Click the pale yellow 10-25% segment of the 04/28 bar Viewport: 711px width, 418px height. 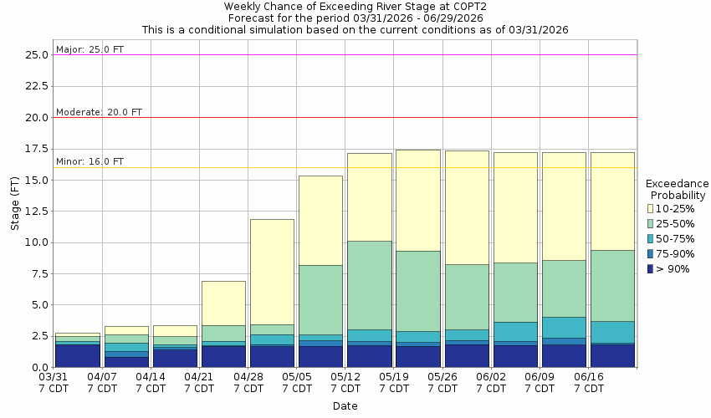point(272,272)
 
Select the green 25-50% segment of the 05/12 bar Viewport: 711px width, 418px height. point(369,285)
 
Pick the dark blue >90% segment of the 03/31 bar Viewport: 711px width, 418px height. point(78,356)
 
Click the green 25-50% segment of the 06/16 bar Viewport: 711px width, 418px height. point(612,285)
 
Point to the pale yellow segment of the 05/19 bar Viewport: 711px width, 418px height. point(417,201)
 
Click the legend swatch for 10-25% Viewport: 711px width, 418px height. point(650,208)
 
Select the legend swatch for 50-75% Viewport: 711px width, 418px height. point(650,238)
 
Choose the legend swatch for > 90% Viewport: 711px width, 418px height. point(650,268)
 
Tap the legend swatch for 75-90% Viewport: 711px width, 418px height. point(650,253)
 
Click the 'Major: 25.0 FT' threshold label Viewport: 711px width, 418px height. point(90,49)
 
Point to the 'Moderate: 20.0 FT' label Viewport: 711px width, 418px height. point(99,112)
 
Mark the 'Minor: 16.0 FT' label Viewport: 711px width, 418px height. point(90,161)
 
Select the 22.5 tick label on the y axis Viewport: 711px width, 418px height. point(36,84)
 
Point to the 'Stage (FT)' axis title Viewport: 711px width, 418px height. point(14,205)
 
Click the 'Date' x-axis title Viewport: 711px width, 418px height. point(345,406)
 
